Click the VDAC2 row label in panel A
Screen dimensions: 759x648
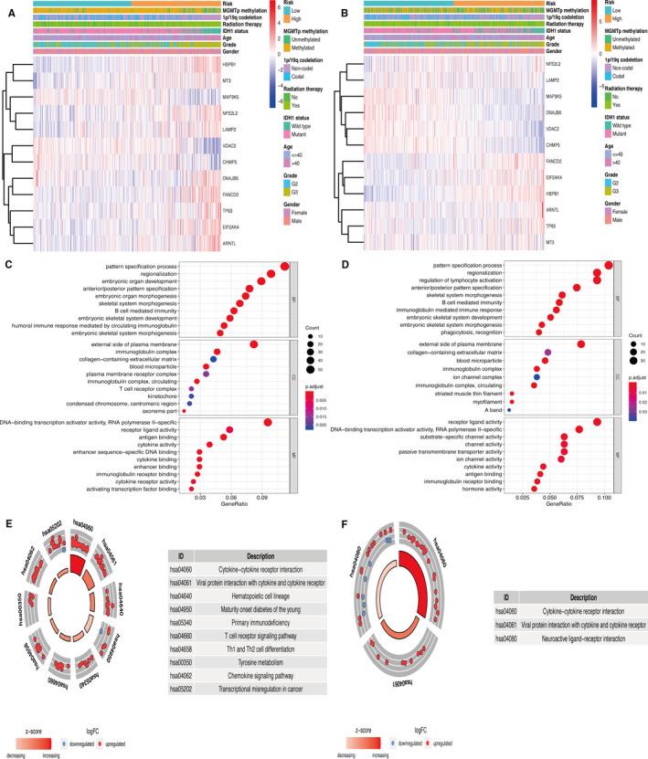224,145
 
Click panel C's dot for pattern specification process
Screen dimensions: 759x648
284,266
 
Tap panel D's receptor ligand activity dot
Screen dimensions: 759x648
597,422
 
